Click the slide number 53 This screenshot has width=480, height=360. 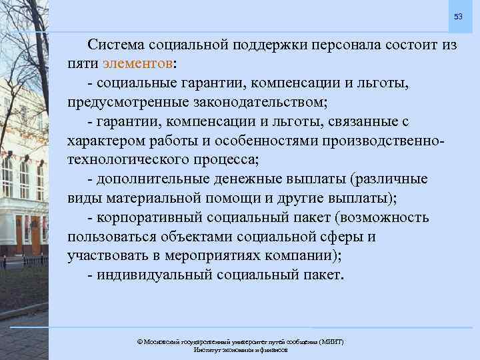pyautogui.click(x=458, y=15)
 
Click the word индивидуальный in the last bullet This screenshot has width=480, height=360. pyautogui.click(x=151, y=275)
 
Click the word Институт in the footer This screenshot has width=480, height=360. pyautogui.click(x=209, y=349)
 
